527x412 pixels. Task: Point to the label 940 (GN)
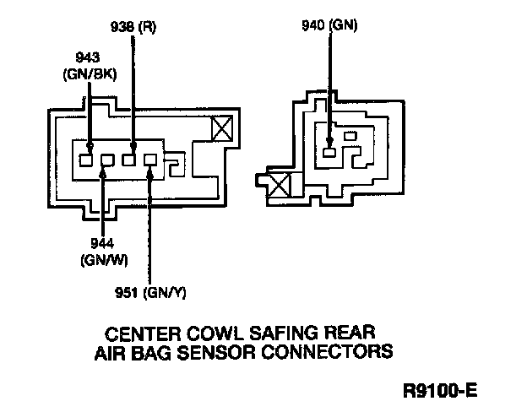coord(330,25)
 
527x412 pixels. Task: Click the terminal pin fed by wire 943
coord(87,159)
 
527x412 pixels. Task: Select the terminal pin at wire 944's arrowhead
coord(107,160)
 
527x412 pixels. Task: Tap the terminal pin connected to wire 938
coord(129,159)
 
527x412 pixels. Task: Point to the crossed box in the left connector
coord(222,127)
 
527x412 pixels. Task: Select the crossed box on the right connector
coord(278,182)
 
